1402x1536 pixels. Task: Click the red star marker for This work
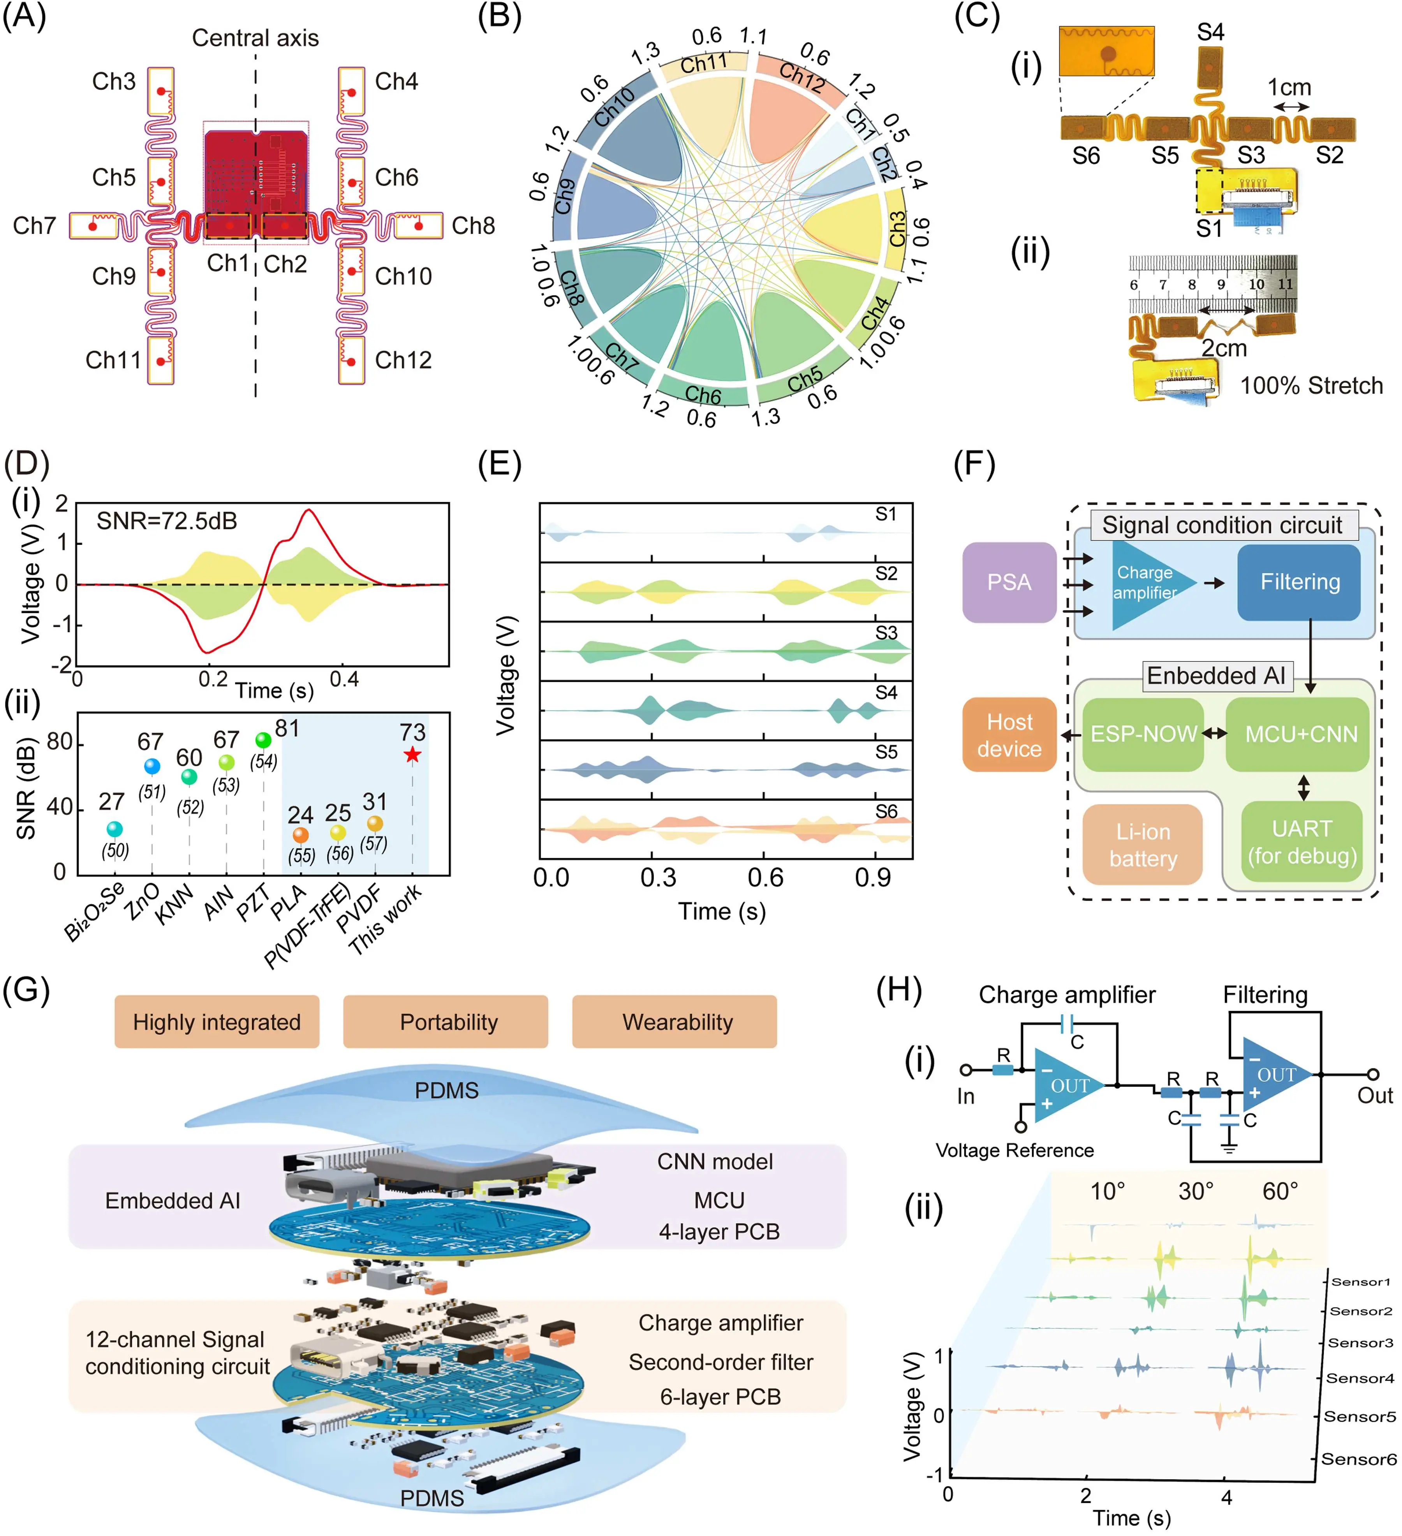[412, 754]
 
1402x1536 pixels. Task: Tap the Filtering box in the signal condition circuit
[1299, 582]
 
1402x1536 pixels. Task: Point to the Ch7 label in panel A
[34, 225]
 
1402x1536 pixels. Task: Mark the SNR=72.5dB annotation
[167, 521]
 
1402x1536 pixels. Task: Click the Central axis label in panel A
[255, 38]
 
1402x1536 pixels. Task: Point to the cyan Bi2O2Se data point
[114, 829]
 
